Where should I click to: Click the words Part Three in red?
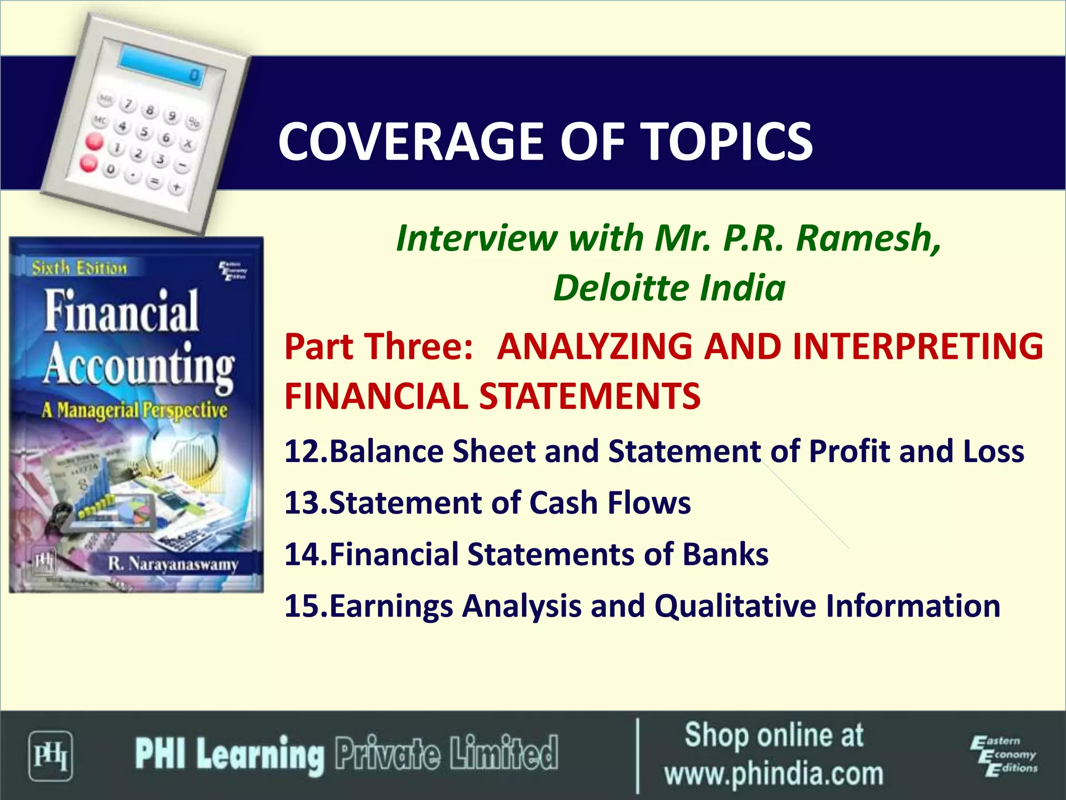click(x=378, y=347)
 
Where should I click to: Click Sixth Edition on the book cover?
click(x=79, y=268)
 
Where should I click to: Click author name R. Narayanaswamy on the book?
click(x=173, y=564)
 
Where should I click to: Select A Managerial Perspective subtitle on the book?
click(x=135, y=410)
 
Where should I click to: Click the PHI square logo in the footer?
click(x=50, y=756)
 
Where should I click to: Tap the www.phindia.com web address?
click(x=773, y=774)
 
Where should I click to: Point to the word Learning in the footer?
click(x=260, y=755)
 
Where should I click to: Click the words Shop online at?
click(x=773, y=735)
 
